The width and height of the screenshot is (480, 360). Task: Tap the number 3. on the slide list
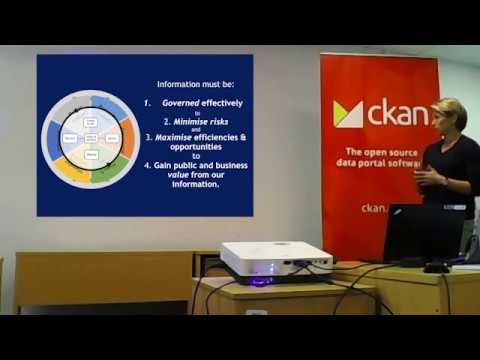coord(148,136)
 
